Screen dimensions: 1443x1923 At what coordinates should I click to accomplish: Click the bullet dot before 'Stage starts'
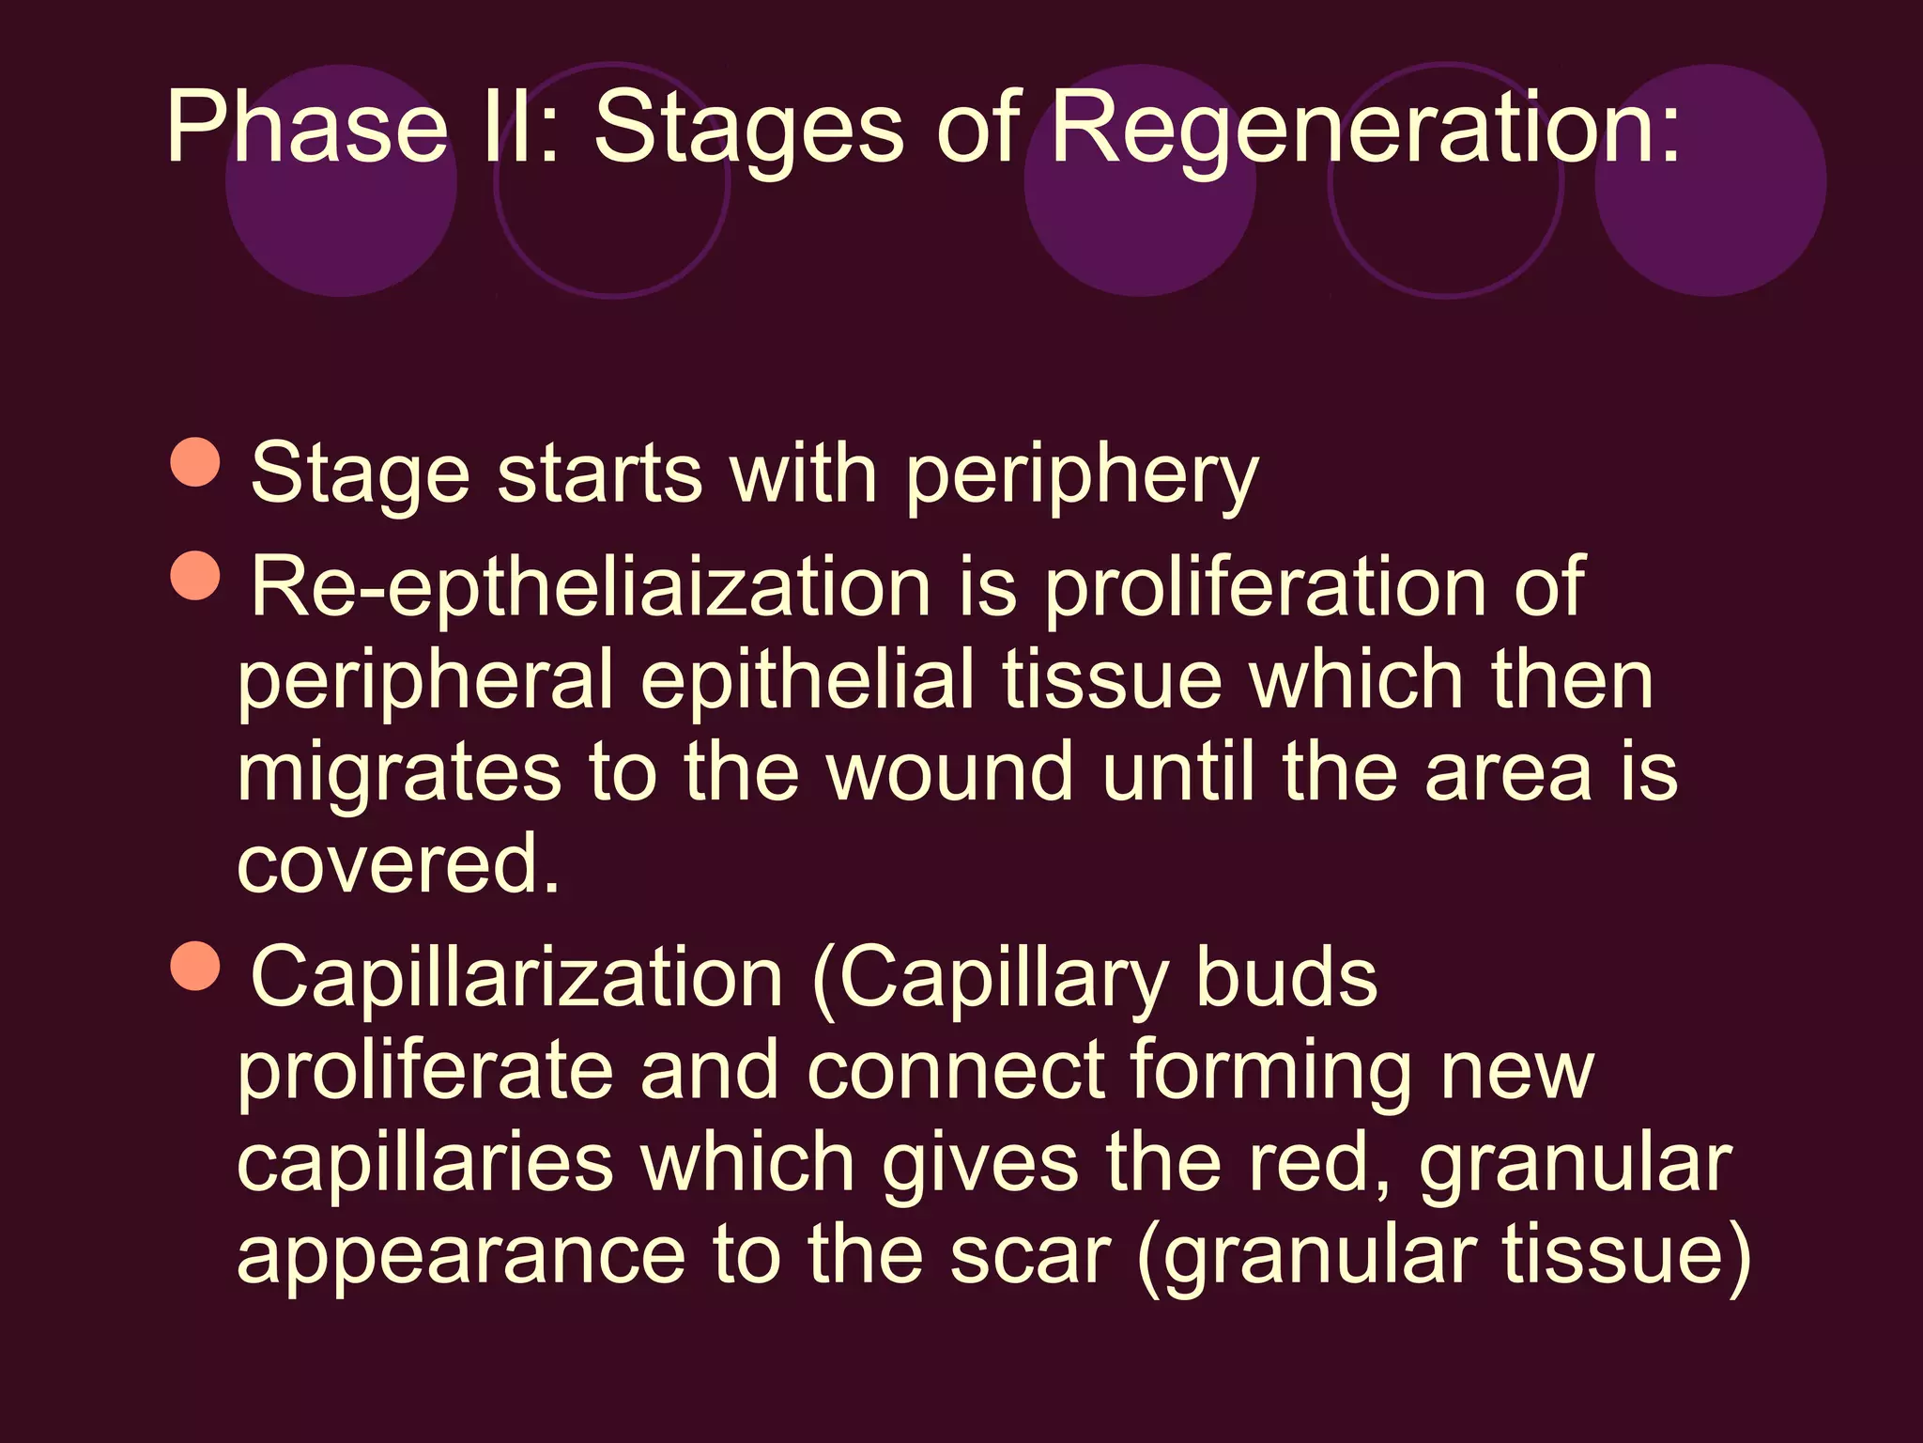(195, 462)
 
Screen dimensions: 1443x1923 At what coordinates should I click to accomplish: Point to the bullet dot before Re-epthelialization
(195, 576)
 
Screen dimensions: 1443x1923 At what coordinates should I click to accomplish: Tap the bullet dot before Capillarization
(195, 966)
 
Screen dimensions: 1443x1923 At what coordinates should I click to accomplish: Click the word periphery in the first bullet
(1081, 474)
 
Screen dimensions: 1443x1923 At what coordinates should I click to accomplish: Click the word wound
(948, 772)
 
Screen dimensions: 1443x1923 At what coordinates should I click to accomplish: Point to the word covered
(398, 862)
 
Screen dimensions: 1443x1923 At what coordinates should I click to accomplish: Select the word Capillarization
(516, 977)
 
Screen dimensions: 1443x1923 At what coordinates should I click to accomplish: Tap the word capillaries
(424, 1162)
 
